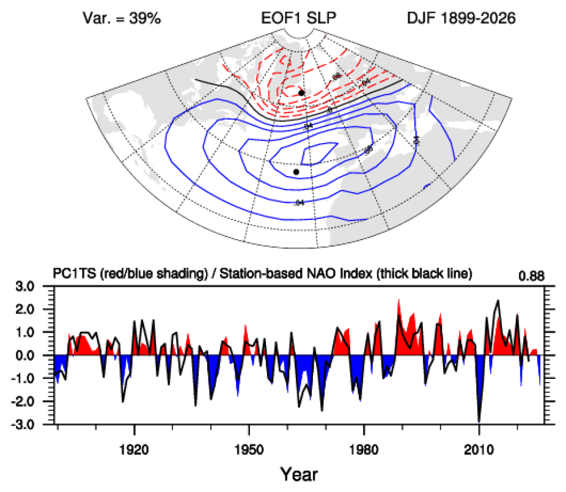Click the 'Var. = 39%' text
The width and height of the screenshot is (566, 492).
121,18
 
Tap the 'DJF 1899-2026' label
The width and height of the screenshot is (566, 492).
461,18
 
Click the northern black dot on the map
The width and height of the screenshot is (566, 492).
301,92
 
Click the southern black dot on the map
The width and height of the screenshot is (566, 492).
296,172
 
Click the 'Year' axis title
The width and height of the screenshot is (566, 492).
299,472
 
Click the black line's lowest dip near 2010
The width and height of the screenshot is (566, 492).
479,421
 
